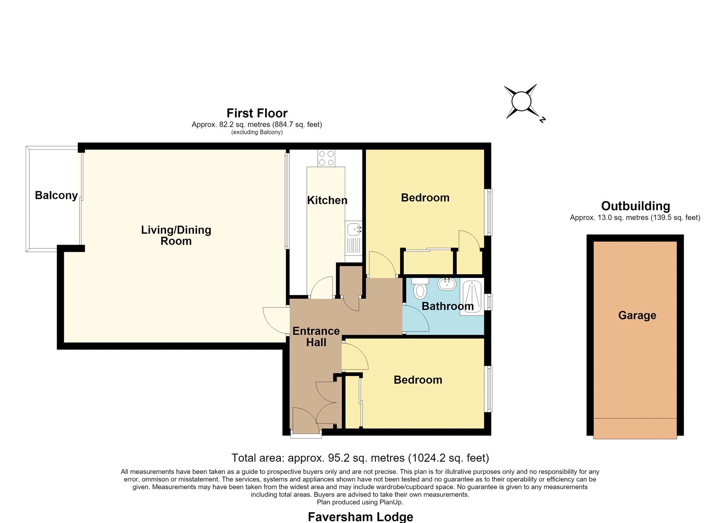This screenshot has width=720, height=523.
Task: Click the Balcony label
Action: (x=56, y=195)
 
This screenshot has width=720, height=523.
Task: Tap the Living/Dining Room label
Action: (x=176, y=236)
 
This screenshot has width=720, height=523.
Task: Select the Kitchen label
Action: (x=327, y=200)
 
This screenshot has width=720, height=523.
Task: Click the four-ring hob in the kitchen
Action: (x=326, y=158)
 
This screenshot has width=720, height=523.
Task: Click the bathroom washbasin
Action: (x=447, y=284)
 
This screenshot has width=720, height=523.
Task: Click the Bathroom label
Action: (x=447, y=306)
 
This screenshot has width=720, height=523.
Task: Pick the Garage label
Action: (x=637, y=316)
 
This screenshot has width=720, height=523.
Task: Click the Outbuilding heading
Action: (x=635, y=206)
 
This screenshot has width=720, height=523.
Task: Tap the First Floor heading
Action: (x=257, y=113)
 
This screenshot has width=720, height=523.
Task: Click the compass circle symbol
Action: (x=521, y=101)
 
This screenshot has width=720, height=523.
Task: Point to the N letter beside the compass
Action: (x=543, y=120)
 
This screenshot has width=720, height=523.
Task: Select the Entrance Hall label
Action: (x=316, y=337)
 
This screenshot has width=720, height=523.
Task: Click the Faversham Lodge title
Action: (x=360, y=517)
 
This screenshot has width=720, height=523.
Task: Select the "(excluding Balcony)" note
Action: (x=257, y=132)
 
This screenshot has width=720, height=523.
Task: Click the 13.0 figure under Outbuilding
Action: (x=604, y=218)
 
